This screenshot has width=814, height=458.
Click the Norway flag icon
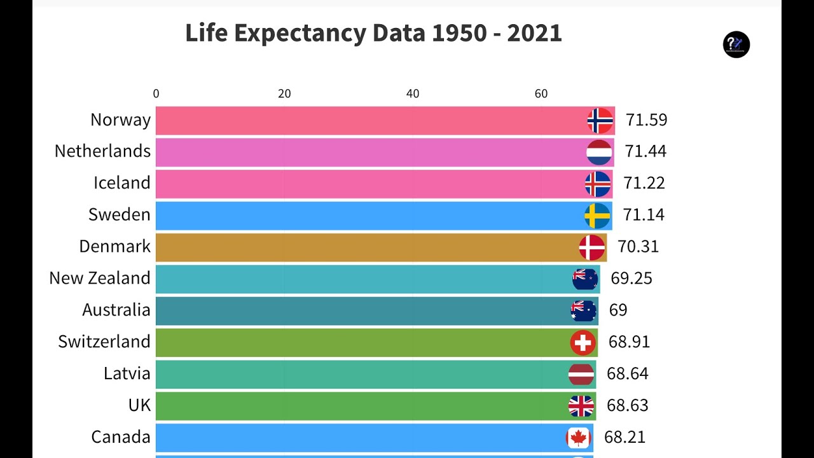[600, 120]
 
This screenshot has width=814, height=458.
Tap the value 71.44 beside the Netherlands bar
[645, 151]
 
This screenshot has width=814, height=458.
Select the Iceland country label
[122, 183]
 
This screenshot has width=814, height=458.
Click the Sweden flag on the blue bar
[597, 216]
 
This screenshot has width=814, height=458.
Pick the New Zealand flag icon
[585, 279]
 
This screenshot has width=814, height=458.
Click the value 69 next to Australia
[617, 310]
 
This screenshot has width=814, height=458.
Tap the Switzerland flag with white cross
[583, 343]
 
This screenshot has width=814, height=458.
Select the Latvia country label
[127, 373]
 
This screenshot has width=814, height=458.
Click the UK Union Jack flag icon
[581, 406]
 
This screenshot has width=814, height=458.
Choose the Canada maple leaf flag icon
[578, 438]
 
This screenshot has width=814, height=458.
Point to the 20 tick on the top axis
[284, 94]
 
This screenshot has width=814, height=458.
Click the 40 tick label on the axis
[413, 94]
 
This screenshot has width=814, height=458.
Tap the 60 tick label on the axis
[541, 94]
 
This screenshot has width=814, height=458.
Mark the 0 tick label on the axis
[156, 94]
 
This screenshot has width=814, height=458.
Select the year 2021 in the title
[534, 33]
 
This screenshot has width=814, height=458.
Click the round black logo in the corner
[736, 45]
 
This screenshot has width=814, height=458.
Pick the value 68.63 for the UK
[627, 406]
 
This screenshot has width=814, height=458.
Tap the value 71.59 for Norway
[646, 120]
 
